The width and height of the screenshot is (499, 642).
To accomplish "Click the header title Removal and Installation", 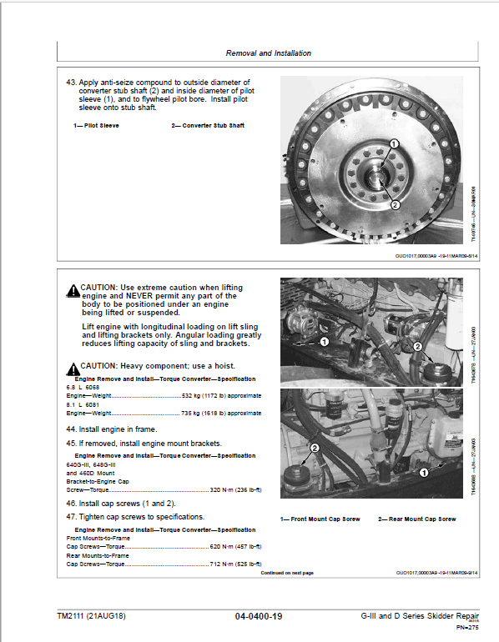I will [268, 53].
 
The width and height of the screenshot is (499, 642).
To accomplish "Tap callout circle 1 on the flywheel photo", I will [393, 145].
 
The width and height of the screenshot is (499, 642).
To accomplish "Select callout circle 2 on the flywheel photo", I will [395, 204].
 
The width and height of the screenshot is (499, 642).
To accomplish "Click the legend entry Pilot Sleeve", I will [96, 126].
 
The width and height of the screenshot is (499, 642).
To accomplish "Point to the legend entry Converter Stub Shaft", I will [208, 126].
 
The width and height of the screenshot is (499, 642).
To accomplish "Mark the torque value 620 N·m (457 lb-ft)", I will [235, 547].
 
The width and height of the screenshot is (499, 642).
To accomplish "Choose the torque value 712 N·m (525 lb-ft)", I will [235, 564].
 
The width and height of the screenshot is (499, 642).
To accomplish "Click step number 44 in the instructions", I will [72, 429].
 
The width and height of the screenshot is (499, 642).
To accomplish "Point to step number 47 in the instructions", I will [72, 518].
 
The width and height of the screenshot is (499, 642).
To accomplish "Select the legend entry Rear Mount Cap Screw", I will [417, 519].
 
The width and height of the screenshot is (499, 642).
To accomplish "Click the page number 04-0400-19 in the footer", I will [259, 616].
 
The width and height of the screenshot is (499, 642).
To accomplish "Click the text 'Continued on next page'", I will [287, 574].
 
